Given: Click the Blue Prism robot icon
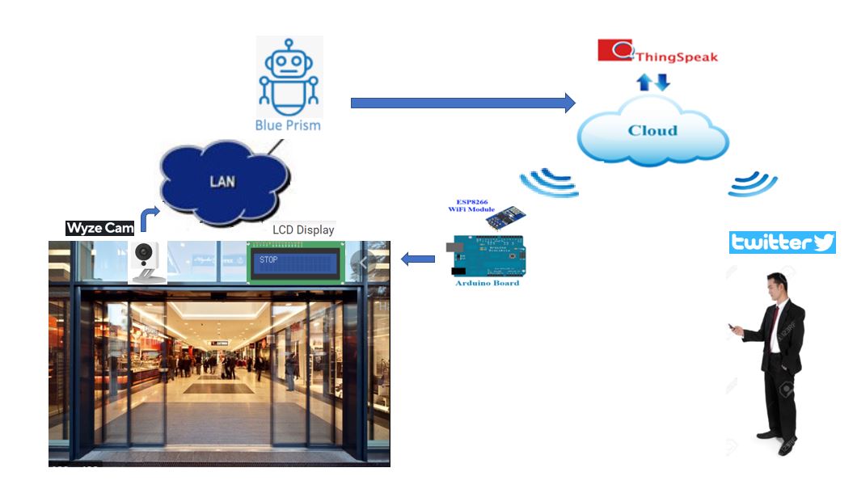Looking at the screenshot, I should point(289,78).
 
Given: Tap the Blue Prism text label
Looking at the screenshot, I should point(288,125).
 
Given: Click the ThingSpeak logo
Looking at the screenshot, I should point(657,53).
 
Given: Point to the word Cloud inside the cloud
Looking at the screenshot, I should point(652,130).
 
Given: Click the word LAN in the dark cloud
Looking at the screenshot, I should point(222,181).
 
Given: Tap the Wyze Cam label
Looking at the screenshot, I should point(100,228).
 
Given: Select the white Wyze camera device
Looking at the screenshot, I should point(146,259).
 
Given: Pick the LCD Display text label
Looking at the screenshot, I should point(303,230).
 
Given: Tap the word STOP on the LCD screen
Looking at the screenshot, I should point(268,260).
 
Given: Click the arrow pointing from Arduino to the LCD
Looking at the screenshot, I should point(418,259).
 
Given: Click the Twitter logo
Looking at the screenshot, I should point(782,242).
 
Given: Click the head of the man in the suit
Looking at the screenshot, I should point(778,287).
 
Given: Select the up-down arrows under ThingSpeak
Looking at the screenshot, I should point(652,82).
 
